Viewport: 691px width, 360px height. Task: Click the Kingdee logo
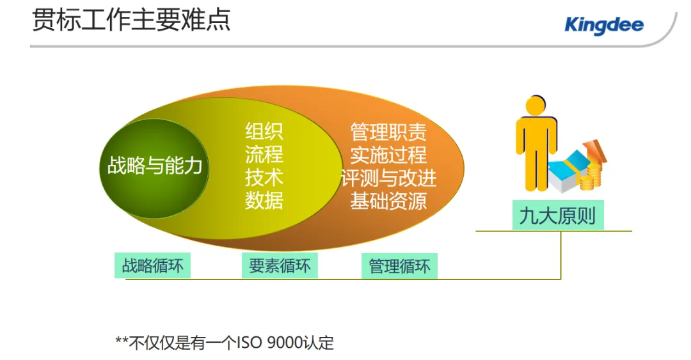[x=604, y=26]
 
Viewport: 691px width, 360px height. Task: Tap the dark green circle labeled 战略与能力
[x=154, y=167]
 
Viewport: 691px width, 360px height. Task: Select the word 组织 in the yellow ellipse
[x=264, y=132]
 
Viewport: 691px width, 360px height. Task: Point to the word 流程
[x=264, y=155]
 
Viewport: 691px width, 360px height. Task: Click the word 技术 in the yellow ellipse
[x=264, y=178]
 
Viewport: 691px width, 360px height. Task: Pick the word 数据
[x=264, y=201]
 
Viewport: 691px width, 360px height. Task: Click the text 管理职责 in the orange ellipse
[x=388, y=132]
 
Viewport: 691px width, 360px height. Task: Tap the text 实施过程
[x=388, y=155]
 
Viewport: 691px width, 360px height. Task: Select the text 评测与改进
[x=388, y=178]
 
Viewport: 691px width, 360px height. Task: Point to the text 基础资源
[x=388, y=201]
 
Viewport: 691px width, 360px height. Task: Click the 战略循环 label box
[x=153, y=265]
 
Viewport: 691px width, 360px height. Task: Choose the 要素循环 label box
[x=280, y=265]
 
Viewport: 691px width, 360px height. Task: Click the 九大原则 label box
[x=557, y=216]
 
